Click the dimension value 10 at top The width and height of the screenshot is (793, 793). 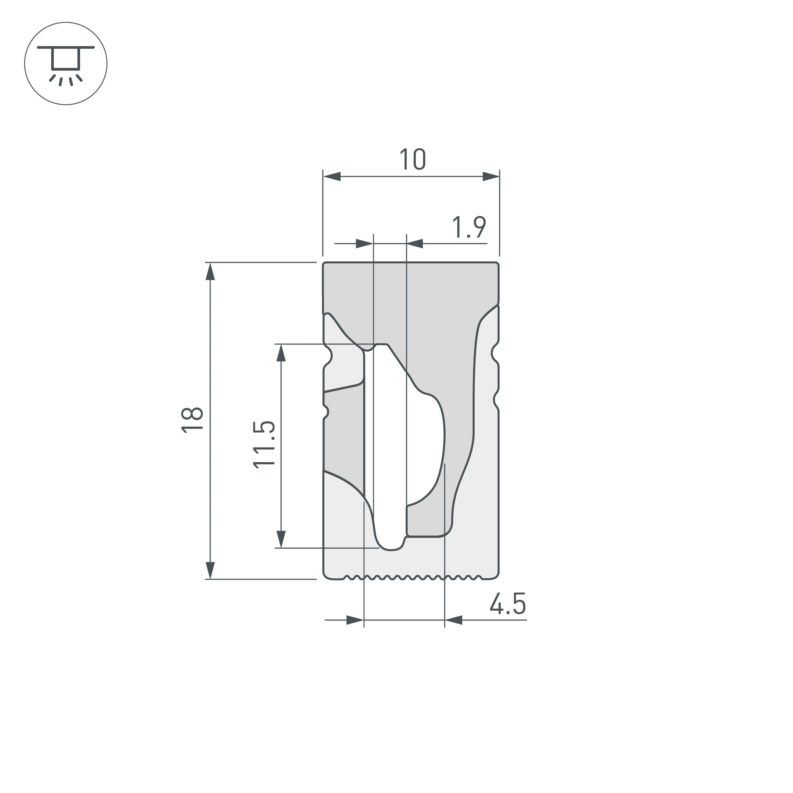pyautogui.click(x=412, y=159)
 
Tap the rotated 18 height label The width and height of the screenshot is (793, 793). pyautogui.click(x=192, y=420)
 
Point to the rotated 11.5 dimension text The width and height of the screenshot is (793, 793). pyautogui.click(x=264, y=445)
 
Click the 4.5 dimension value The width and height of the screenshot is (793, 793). pyautogui.click(x=508, y=604)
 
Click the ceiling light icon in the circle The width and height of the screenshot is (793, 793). pyautogui.click(x=66, y=63)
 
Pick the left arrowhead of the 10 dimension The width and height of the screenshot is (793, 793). pyautogui.click(x=332, y=176)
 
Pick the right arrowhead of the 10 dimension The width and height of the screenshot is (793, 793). pyautogui.click(x=490, y=176)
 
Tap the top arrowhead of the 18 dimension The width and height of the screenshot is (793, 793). pyautogui.click(x=210, y=272)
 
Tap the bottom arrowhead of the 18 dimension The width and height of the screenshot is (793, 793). pyautogui.click(x=210, y=570)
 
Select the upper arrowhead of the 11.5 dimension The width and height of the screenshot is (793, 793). pyautogui.click(x=281, y=353)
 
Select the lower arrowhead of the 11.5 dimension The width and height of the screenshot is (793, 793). pyautogui.click(x=281, y=539)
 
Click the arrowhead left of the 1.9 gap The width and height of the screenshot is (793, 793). pyautogui.click(x=364, y=243)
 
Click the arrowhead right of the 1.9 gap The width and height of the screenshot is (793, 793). pyautogui.click(x=415, y=243)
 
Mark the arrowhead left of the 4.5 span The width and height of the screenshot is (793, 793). pyautogui.click(x=355, y=620)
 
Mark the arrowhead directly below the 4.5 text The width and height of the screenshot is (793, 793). pyautogui.click(x=454, y=620)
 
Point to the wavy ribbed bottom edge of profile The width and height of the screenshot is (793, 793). pyautogui.click(x=410, y=578)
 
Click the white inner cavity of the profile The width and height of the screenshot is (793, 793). pyautogui.click(x=390, y=452)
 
